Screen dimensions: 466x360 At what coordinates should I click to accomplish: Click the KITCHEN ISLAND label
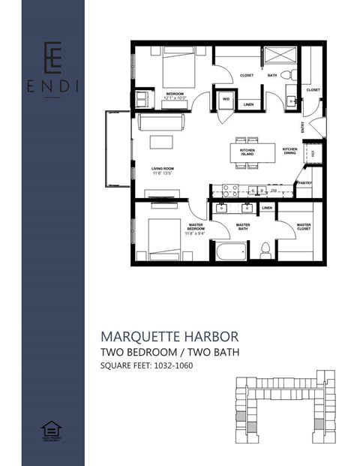pyautogui.click(x=247, y=152)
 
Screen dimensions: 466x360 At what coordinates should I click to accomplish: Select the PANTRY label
pyautogui.click(x=304, y=182)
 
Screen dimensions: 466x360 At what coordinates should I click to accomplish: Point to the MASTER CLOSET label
pyautogui.click(x=303, y=226)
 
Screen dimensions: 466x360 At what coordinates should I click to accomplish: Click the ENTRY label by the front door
pyautogui.click(x=302, y=128)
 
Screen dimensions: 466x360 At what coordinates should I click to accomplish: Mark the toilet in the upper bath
pyautogui.click(x=292, y=75)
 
